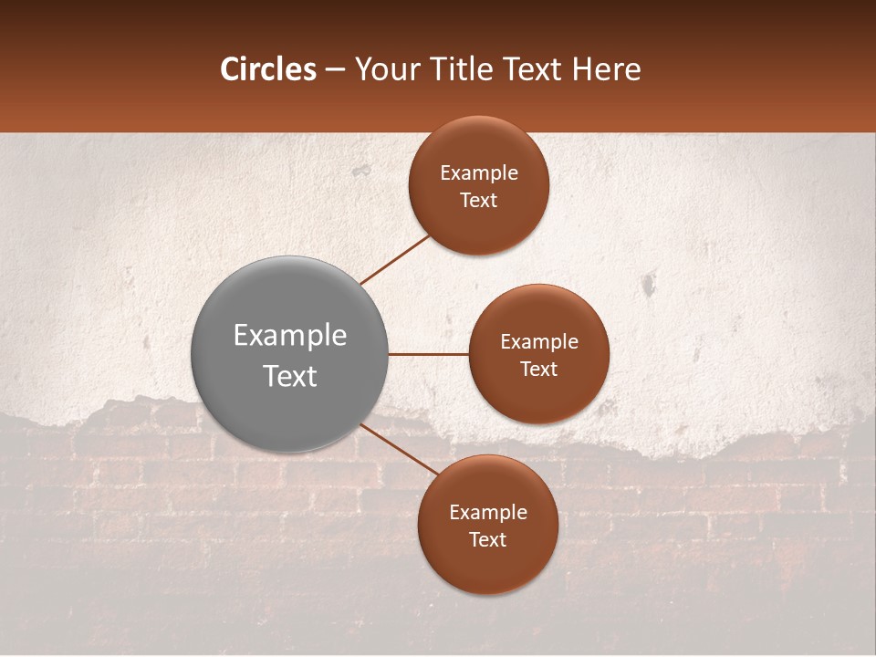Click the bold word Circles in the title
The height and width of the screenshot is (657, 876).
(x=268, y=69)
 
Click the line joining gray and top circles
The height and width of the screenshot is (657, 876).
(x=396, y=259)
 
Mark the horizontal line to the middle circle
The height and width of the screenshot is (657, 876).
(x=429, y=354)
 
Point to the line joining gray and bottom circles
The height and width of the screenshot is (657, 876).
(x=400, y=449)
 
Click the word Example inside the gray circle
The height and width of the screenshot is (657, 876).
(x=290, y=336)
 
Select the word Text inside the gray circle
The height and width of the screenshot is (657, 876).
(x=290, y=376)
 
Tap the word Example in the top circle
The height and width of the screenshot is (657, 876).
(x=479, y=173)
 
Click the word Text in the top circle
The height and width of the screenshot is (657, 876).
(x=479, y=201)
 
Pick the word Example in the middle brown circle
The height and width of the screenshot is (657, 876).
(x=539, y=342)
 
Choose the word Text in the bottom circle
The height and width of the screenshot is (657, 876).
(x=487, y=540)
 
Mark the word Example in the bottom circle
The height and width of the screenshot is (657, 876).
(x=488, y=513)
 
